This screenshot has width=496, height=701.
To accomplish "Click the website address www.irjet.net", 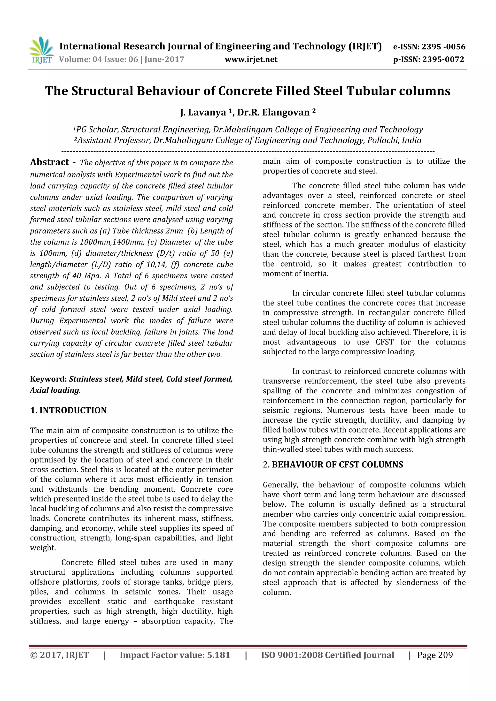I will coord(251,59).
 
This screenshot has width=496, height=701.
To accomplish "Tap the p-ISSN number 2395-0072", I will coord(443,59).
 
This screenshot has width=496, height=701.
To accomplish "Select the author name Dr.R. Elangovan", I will coord(273,112).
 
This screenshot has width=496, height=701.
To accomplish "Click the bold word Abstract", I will coord(49,162).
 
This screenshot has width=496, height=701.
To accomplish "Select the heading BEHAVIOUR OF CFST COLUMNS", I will coord(337,465).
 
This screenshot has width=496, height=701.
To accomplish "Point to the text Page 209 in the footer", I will coord(435,655).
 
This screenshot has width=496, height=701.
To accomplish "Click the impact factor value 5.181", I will coord(218,655).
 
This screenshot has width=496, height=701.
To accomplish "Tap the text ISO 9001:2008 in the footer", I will coord(283,655).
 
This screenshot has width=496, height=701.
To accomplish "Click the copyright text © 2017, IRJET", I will coord(60,655).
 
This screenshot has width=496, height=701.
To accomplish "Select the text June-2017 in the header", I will coord(164,59).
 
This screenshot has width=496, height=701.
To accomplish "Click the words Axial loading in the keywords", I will coord(54,390).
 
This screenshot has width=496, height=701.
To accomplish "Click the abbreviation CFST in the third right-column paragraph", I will coord(385,342).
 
